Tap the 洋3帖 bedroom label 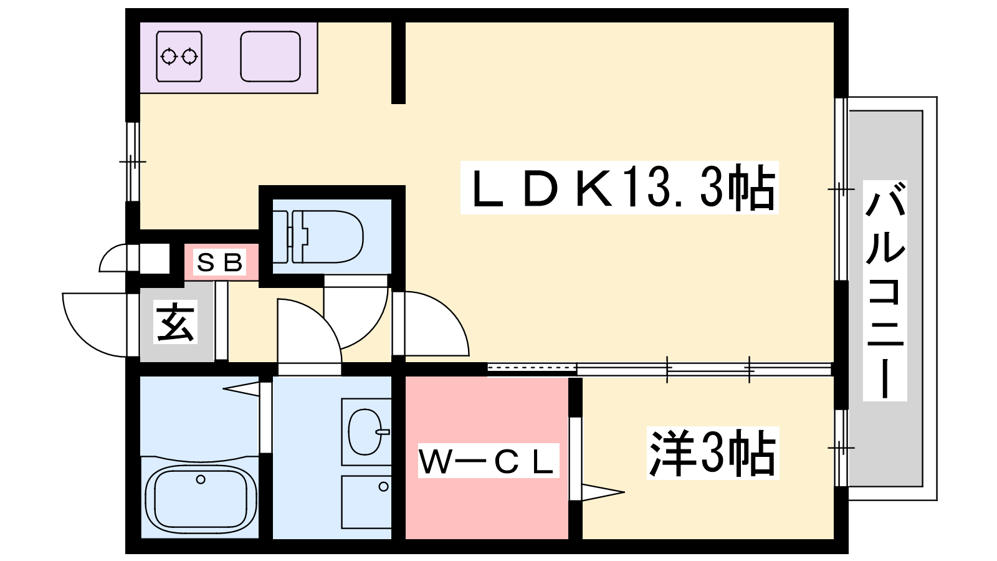712,453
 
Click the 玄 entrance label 176,322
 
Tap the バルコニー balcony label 885,290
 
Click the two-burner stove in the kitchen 179,57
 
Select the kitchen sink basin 270,57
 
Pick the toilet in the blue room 327,237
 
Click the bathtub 201,498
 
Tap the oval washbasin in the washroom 365,432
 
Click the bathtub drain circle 201,479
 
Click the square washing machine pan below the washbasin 366,502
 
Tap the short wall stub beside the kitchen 398,62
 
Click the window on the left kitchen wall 132,162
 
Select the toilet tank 282,237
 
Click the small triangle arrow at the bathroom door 242,389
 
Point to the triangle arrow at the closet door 602,492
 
